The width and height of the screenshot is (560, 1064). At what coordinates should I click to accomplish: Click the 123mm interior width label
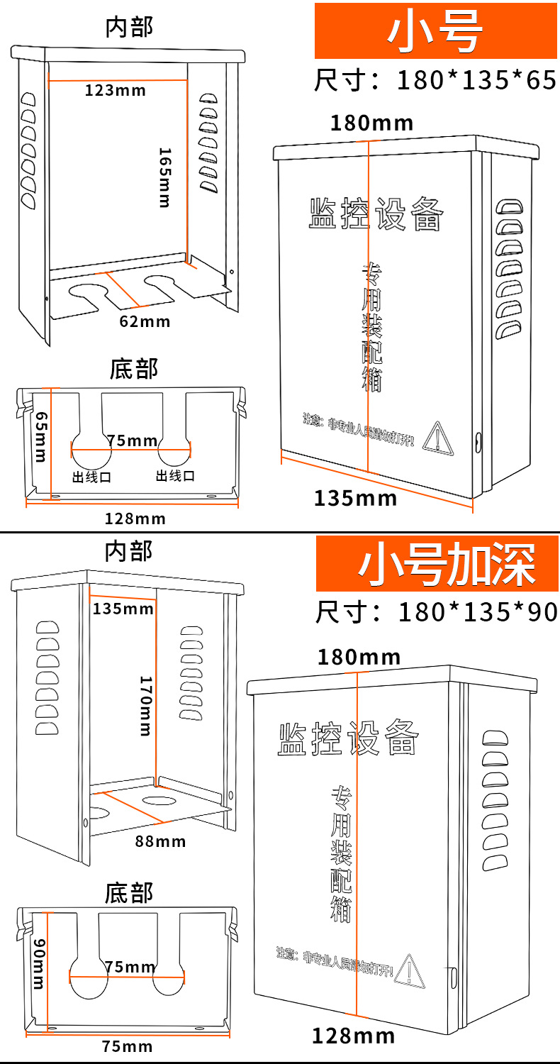coord(116,90)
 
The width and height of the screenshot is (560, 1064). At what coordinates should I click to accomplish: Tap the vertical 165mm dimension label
coord(164,177)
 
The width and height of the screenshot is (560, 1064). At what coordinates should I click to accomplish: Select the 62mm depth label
coord(145,321)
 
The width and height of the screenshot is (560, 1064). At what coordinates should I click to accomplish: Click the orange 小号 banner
coord(435,31)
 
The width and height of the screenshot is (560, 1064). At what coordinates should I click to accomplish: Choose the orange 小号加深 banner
coord(437,564)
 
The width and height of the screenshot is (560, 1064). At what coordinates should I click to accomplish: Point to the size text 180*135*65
coord(476,80)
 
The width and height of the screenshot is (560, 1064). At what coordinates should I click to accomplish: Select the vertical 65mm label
coord(40,436)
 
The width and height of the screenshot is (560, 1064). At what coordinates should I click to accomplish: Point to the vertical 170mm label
coord(145,704)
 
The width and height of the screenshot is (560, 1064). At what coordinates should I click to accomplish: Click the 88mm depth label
coord(160,841)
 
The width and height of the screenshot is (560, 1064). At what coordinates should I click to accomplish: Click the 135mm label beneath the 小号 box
coord(355,498)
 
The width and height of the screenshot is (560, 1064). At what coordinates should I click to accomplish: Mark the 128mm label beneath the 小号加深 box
coord(353,1036)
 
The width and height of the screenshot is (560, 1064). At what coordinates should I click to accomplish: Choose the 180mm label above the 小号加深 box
coord(359,657)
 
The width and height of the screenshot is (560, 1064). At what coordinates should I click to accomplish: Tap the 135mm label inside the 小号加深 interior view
coord(123,608)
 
